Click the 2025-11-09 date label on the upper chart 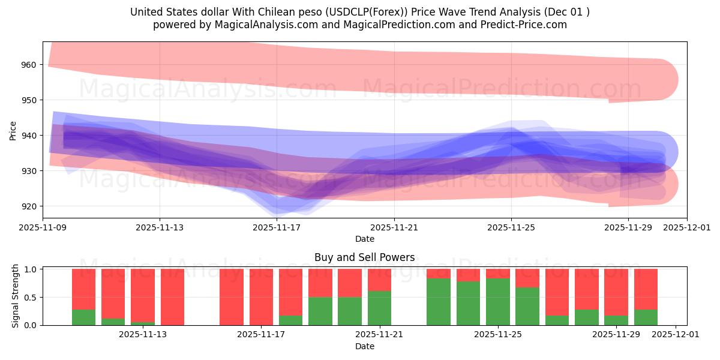coord(43,228)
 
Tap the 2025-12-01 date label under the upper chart coord(687,228)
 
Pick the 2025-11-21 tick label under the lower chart coord(379,335)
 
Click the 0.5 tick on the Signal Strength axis coord(31,297)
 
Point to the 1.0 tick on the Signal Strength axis coord(31,269)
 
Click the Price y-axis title coord(13,130)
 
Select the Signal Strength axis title coord(16,296)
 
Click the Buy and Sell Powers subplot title coord(364,257)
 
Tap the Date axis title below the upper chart coord(364,239)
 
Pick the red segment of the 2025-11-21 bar coord(379,280)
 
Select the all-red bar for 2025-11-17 coord(261,297)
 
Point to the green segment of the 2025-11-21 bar coord(379,308)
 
